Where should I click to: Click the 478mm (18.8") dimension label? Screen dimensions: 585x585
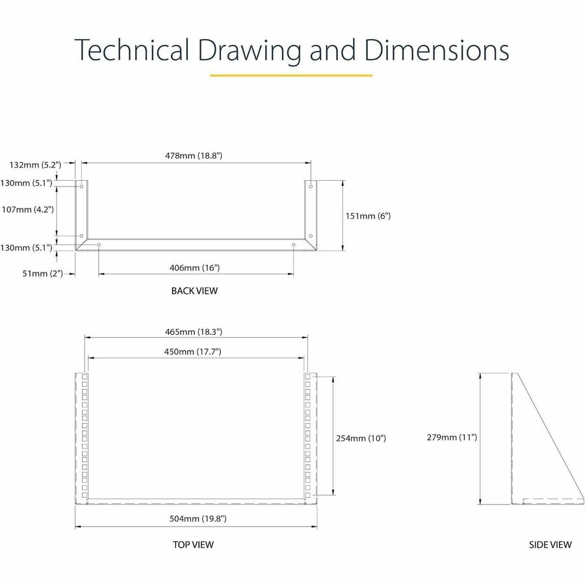(194, 155)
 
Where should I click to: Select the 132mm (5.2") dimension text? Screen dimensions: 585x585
(36, 164)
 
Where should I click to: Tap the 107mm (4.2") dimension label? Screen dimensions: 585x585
(27, 209)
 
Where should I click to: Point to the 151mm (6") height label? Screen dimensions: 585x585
(368, 216)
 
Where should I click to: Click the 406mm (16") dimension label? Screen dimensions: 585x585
(194, 268)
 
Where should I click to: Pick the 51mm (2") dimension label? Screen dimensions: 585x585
(42, 274)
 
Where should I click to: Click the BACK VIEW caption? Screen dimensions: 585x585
(194, 291)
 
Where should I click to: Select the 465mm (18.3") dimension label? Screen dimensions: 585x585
(194, 331)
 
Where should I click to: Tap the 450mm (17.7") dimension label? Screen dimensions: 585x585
(192, 352)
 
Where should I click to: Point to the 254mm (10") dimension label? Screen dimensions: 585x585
(361, 438)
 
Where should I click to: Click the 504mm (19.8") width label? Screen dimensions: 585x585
(198, 518)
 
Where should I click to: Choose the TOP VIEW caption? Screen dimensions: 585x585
(193, 545)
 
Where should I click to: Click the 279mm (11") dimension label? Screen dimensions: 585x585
(452, 437)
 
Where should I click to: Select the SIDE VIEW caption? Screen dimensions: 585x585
(551, 545)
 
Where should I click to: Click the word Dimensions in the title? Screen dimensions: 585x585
(437, 50)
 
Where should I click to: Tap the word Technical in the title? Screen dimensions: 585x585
(132, 50)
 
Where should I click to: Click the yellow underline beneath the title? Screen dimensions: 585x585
(291, 75)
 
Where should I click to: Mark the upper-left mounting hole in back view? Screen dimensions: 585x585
(81, 186)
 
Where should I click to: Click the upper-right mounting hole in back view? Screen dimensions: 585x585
(311, 186)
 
